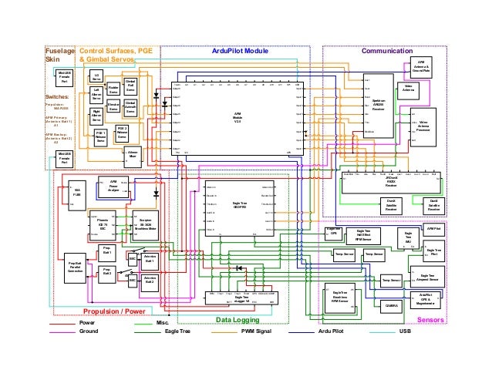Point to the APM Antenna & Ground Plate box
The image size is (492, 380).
pyautogui.click(x=420, y=67)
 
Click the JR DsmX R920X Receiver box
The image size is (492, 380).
pyautogui.click(x=391, y=182)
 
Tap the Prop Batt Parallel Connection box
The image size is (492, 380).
pyautogui.click(x=76, y=267)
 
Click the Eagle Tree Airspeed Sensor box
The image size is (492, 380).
pyautogui.click(x=428, y=277)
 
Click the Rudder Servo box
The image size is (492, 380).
pyautogui.click(x=113, y=89)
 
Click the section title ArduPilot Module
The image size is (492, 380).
pyautogui.click(x=240, y=51)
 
